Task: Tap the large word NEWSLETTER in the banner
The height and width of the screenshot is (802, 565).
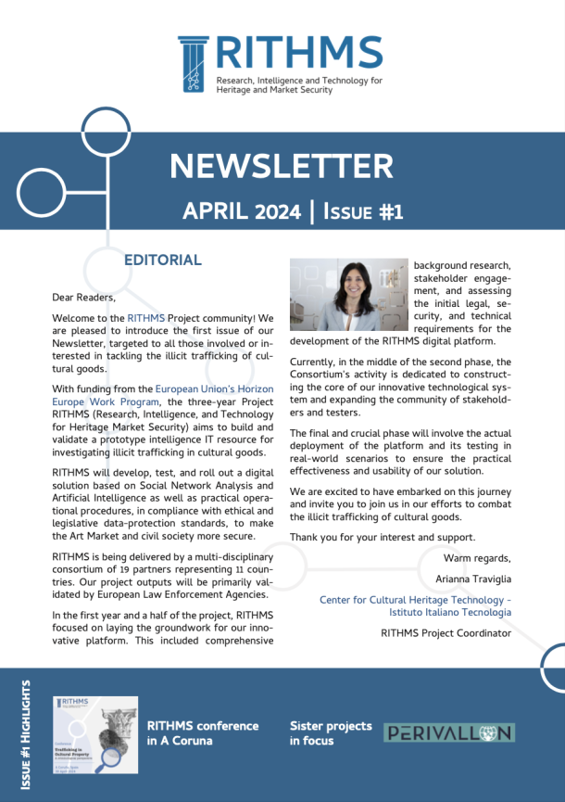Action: point(282,166)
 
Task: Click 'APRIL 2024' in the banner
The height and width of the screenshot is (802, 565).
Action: point(242,210)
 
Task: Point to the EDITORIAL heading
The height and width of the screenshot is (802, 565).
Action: point(162,261)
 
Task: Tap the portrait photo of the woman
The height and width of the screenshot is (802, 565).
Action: point(348,295)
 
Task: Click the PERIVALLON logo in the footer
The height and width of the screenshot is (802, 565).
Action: point(448,733)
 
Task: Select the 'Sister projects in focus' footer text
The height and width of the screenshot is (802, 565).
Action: point(331,733)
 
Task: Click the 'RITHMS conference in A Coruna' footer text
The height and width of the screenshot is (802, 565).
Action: point(203,733)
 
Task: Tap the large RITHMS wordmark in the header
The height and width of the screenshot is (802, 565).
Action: point(298,54)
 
